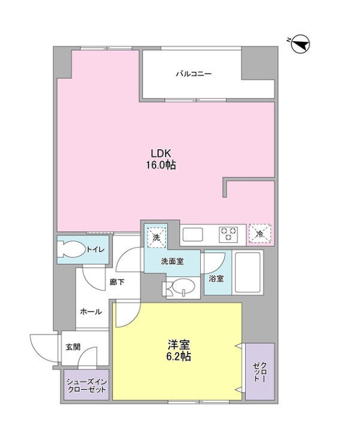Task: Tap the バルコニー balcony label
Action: point(194,74)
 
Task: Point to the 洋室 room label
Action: point(177,344)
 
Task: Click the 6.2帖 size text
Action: point(177,357)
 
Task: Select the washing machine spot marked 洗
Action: point(156,237)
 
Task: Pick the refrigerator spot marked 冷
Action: point(261,234)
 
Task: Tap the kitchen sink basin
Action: point(194,235)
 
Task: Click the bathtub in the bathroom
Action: point(248,271)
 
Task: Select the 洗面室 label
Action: point(172,261)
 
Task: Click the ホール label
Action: point(90,312)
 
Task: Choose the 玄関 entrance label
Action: point(73,347)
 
